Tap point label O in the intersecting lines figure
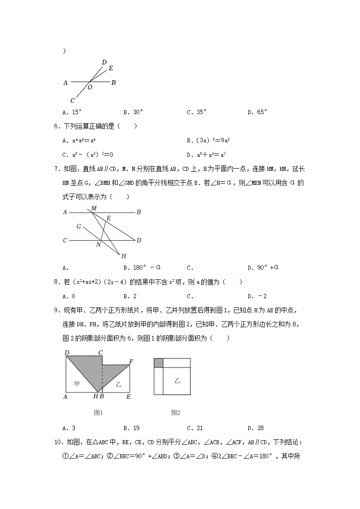(x=90, y=87)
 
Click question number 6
(x=56, y=126)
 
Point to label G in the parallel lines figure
(x=78, y=226)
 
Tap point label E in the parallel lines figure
(x=109, y=218)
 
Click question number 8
(x=56, y=282)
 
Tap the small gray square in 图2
(x=158, y=363)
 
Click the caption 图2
(x=176, y=412)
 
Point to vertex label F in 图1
(x=131, y=361)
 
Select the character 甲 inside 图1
(x=77, y=383)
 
